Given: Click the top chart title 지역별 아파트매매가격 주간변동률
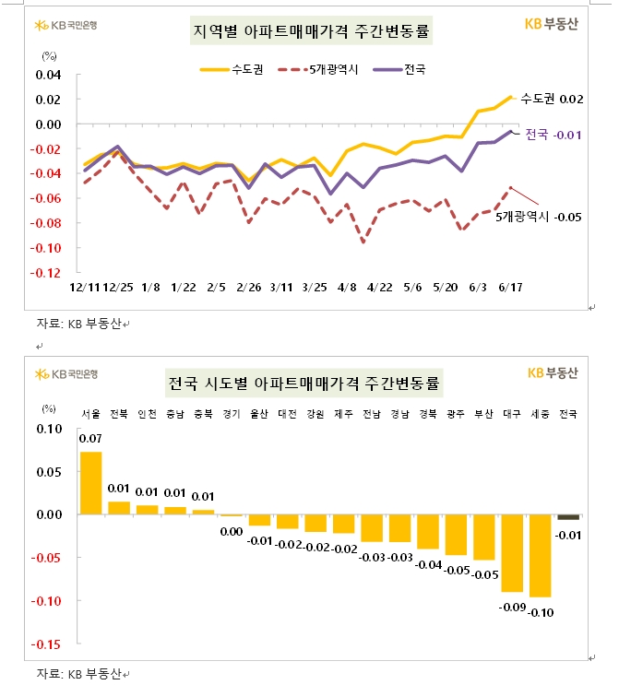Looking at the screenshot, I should pos(311,33).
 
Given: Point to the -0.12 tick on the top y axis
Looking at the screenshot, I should pos(48,274).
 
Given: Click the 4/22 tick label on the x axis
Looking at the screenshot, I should pos(380,288).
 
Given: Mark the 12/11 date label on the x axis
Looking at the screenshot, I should pos(84,288).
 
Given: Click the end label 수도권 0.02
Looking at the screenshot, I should pos(552,99).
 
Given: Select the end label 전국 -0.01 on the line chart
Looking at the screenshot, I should pos(553,136).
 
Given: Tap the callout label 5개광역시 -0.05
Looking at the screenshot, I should pos(538,216).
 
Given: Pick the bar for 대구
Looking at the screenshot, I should pos(512,552).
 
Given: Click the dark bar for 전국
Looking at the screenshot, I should pos(568,517).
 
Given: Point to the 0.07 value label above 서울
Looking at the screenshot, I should pos(90,439).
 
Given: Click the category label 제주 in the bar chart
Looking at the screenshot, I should pos(343,414).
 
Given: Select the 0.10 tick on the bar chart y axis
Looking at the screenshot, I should pos(49,429).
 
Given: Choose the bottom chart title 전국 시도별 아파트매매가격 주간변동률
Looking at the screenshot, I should pos(304,382).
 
